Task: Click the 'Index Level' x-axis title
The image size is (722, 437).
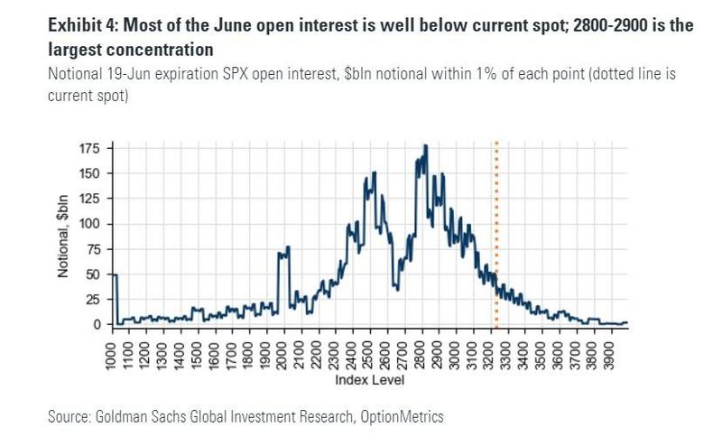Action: click(369, 381)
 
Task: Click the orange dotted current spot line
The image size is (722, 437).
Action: click(495, 235)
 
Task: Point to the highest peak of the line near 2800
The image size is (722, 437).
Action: click(425, 145)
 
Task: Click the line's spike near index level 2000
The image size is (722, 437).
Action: click(287, 247)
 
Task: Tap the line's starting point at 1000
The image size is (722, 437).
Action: click(115, 274)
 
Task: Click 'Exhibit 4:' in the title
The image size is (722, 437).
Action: click(82, 25)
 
